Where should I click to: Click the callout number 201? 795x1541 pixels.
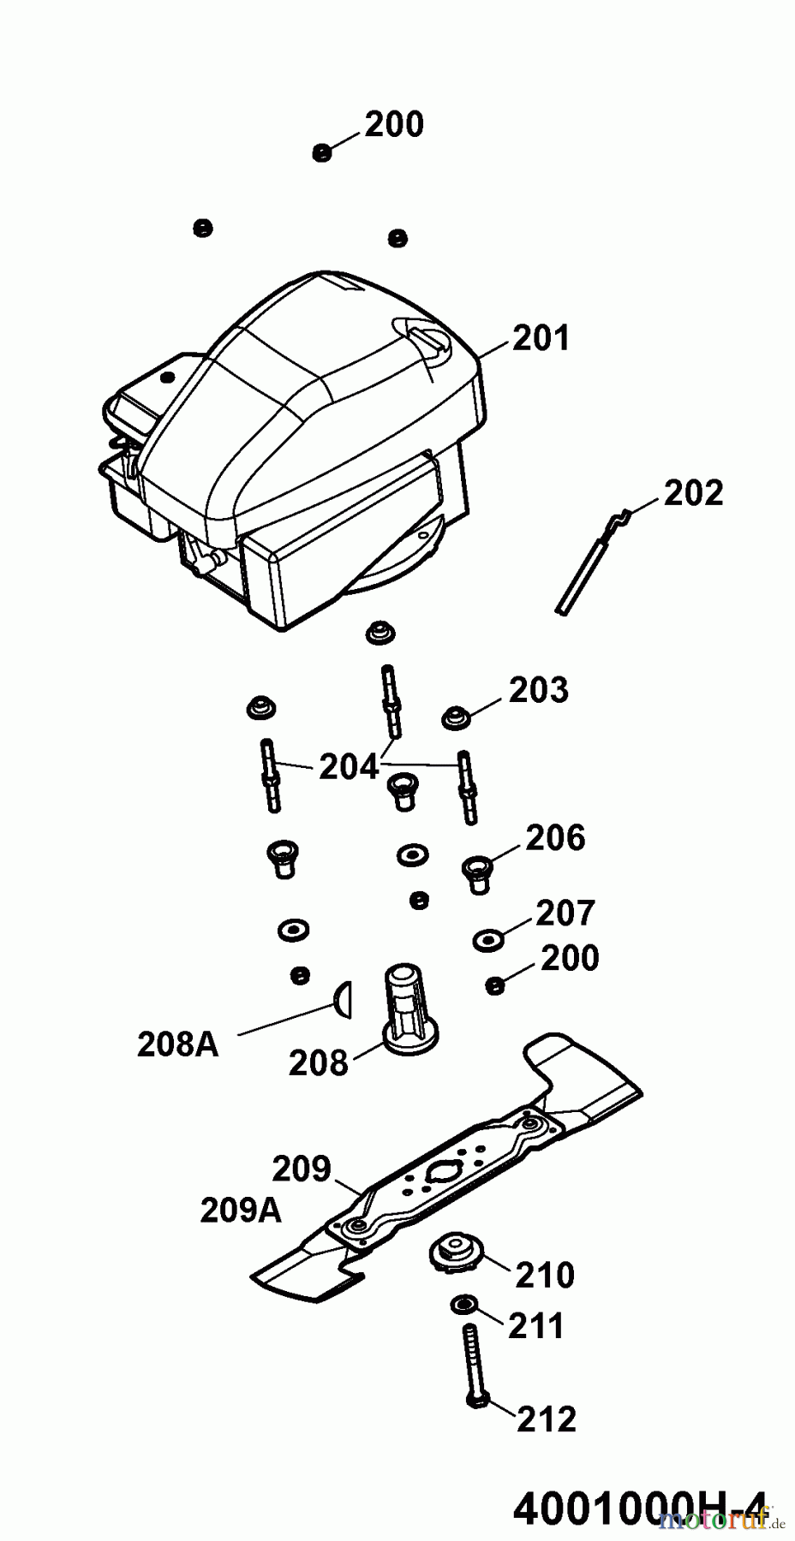(x=541, y=339)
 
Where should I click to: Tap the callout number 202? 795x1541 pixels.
(x=693, y=493)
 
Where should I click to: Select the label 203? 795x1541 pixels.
(x=538, y=689)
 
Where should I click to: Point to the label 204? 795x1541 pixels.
(x=348, y=766)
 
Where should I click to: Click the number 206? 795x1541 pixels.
(x=555, y=838)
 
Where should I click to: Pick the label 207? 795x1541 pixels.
(x=565, y=913)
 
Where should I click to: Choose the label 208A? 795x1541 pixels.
(x=177, y=1044)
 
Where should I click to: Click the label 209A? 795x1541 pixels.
(x=241, y=1210)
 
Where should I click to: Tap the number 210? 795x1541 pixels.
(x=544, y=1275)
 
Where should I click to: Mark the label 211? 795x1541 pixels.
(x=537, y=1326)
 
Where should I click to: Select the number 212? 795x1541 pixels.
(x=547, y=1419)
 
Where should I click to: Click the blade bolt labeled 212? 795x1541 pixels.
(x=474, y=1365)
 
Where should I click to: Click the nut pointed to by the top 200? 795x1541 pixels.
(x=322, y=153)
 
